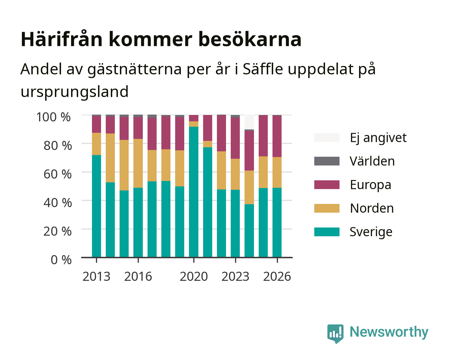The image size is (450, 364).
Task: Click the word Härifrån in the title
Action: (62, 39)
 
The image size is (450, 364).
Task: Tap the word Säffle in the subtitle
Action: (263, 69)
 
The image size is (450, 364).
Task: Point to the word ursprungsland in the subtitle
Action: (74, 92)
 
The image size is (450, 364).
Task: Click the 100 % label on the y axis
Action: (54, 117)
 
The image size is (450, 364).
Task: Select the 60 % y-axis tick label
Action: (58, 174)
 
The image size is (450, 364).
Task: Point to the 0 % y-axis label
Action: (61, 260)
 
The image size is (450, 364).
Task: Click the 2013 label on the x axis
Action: (96, 276)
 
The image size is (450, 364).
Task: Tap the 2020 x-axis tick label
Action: (194, 276)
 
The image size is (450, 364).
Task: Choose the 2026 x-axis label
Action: (277, 276)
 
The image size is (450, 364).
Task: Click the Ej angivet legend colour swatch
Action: (327, 138)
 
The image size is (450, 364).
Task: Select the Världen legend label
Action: (372, 161)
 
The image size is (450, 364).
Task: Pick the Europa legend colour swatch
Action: (327, 185)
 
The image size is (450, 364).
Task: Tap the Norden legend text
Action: (372, 208)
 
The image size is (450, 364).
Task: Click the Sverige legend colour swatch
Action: (327, 232)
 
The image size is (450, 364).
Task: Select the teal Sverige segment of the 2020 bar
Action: (194, 192)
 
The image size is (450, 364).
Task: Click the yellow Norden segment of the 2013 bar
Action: (96, 144)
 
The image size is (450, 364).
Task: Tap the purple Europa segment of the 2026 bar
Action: (277, 136)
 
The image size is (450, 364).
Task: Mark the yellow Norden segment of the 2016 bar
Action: (138, 163)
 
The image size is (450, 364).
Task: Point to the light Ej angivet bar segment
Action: (249, 122)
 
